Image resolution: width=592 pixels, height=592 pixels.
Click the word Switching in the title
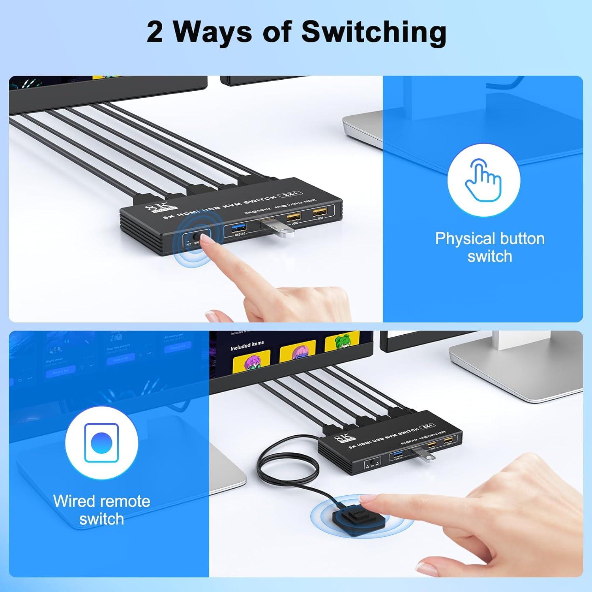point(374,32)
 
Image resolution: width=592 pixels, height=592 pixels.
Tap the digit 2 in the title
point(155,32)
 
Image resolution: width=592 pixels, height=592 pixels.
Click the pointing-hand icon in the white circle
point(483,178)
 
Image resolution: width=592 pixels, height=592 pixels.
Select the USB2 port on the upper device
point(294,217)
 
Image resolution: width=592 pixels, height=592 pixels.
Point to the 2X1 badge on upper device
point(290,195)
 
